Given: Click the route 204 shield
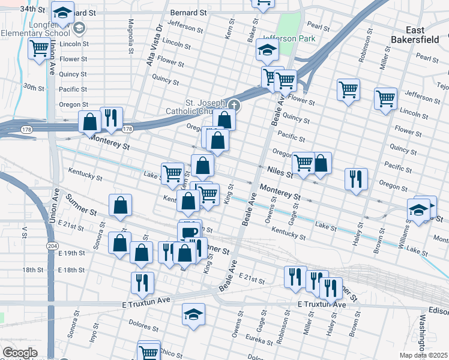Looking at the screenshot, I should coord(52,245).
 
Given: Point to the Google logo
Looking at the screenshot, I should coord(19,353).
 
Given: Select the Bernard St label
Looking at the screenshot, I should coord(188,12).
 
